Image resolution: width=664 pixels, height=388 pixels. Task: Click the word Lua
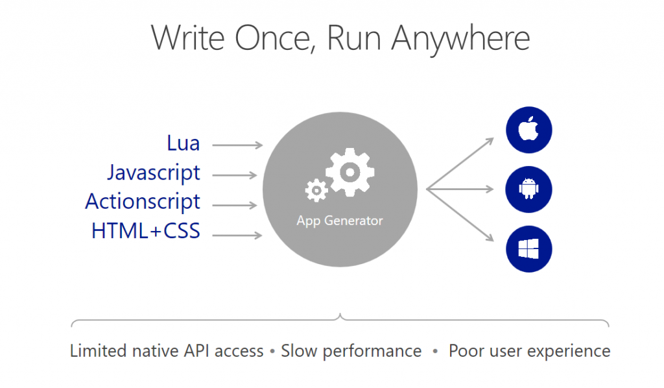(x=184, y=143)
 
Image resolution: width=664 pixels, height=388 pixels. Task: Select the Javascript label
(x=154, y=173)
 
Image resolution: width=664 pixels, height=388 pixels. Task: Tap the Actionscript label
(x=143, y=202)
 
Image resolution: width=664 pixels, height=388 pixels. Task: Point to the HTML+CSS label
(x=146, y=231)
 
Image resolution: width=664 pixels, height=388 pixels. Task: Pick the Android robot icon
(x=528, y=189)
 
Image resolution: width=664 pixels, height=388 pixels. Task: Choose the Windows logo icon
(x=528, y=249)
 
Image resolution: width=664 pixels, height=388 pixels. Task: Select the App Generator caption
(x=340, y=221)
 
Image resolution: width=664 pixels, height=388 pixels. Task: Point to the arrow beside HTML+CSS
(x=237, y=235)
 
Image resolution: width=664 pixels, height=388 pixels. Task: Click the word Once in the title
(x=275, y=39)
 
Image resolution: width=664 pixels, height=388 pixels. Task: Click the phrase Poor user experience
(x=529, y=352)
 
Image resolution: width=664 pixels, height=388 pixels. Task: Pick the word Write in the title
(x=189, y=39)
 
